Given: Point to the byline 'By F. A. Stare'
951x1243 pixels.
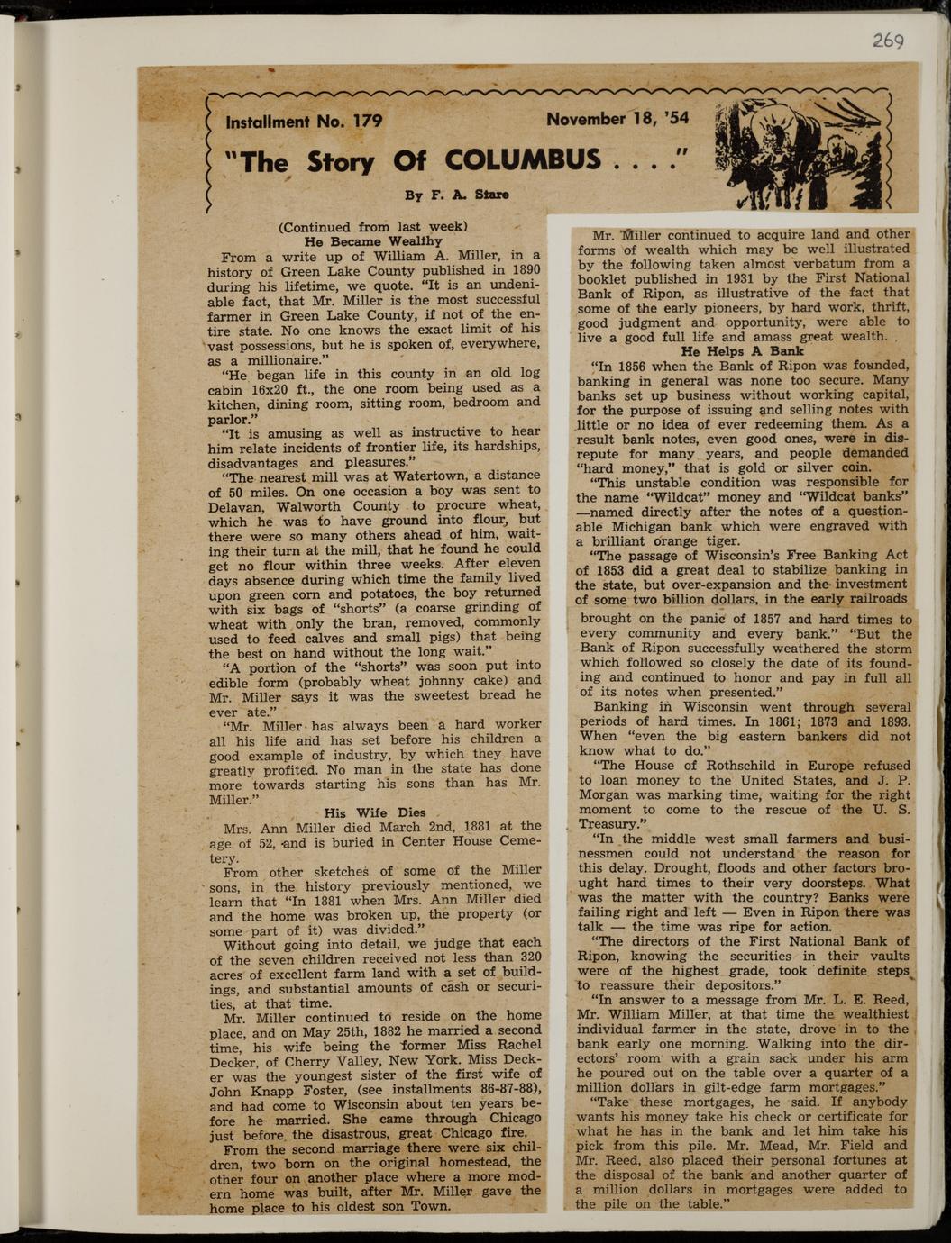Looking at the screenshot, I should point(456,195).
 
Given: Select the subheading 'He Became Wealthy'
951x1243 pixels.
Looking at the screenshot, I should point(373,241).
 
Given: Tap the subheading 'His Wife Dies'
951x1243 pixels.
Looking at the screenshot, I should point(374,812).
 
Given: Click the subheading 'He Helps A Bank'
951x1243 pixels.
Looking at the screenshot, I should point(743,350).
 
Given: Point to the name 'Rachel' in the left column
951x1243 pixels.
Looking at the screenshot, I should point(519,1045).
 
